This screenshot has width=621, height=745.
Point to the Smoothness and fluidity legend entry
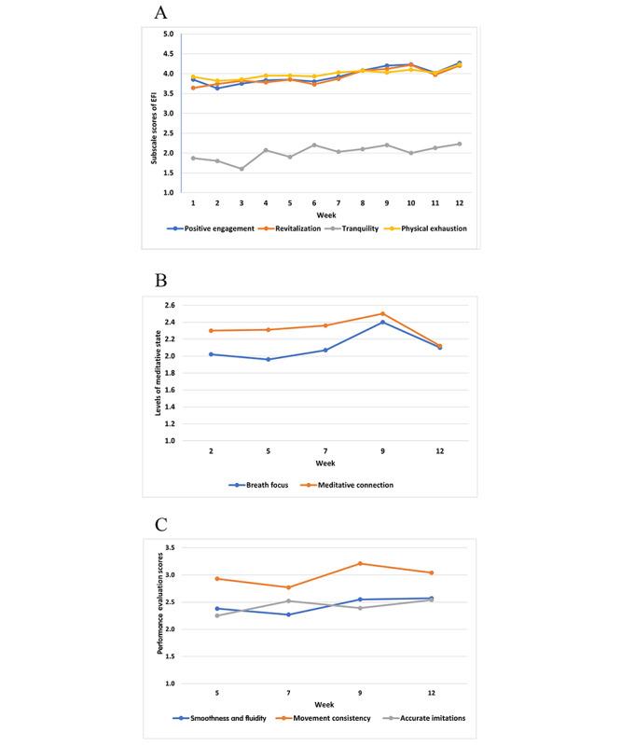[220, 719]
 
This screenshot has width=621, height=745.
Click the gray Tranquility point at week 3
[241, 169]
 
